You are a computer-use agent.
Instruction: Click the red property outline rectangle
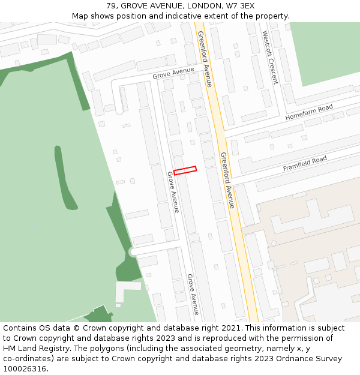coord(185,170)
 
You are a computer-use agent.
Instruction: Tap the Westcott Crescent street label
coord(270,58)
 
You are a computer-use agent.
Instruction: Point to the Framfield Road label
coord(305,164)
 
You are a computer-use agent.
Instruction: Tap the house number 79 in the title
coord(112,6)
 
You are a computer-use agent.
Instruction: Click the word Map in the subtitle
coord(80,16)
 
